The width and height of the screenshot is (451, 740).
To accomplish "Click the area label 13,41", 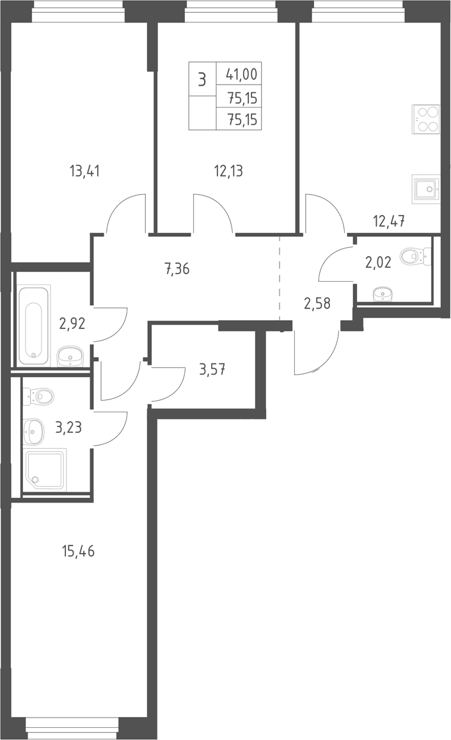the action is (x=84, y=170).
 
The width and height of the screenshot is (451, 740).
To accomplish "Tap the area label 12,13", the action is (x=228, y=170).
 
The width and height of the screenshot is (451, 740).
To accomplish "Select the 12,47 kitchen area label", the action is (x=389, y=220).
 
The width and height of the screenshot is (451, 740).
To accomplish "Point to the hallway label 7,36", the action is (x=177, y=269).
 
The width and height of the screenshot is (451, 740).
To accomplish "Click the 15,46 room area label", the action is (x=78, y=551).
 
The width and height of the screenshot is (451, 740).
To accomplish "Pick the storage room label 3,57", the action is (x=212, y=369).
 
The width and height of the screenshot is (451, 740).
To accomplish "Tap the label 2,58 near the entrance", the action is (x=317, y=303).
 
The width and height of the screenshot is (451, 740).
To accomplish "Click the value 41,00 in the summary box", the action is (x=242, y=74).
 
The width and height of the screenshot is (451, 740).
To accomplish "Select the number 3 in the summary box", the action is (x=202, y=79).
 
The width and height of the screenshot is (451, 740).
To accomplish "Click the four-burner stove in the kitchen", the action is (x=427, y=120).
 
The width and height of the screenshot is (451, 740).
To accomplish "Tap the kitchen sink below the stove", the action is (x=426, y=189).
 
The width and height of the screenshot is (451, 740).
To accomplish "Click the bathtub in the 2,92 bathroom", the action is (x=34, y=325).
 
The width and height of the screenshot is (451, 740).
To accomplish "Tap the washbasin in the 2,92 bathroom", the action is (x=70, y=357).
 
